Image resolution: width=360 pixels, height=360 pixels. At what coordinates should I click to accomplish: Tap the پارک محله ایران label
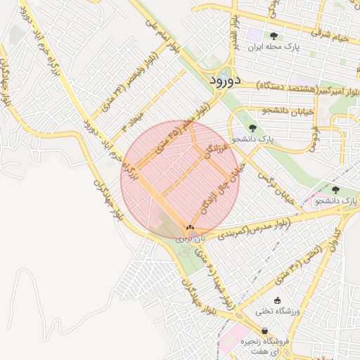[x=274, y=49]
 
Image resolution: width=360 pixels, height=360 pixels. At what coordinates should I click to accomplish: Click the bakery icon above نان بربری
[x=190, y=228]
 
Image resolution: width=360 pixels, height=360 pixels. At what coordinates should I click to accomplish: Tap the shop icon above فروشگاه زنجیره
[x=264, y=330]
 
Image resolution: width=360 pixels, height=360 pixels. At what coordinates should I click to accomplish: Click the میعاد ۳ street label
[x=133, y=121]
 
